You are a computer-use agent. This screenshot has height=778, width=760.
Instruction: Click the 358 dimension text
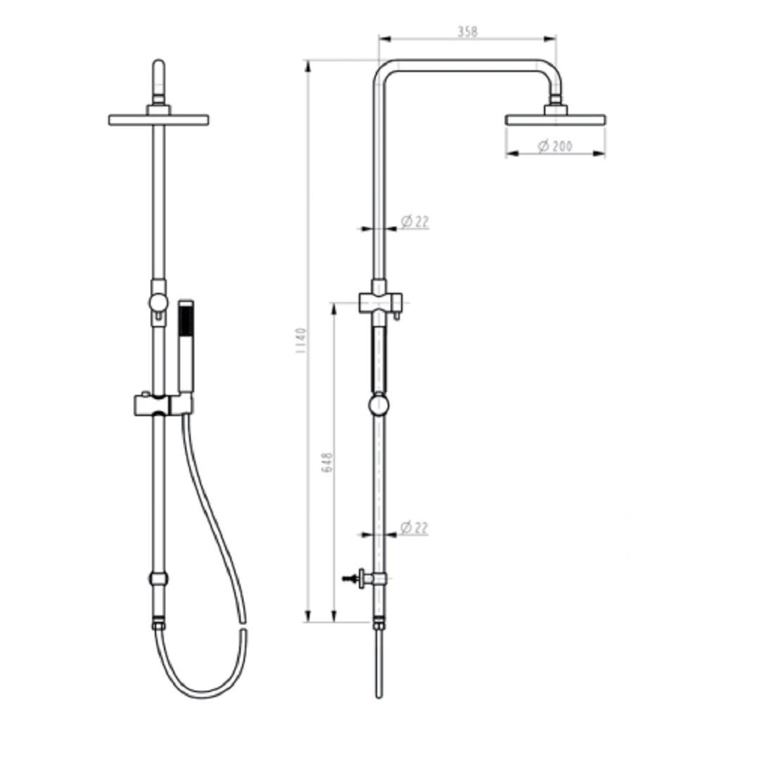point(467,31)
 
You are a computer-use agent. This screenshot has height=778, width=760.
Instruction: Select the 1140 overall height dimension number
point(301,340)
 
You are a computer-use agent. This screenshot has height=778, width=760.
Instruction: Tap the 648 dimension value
point(327,462)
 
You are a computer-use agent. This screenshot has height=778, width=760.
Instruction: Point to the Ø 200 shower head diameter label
point(555,146)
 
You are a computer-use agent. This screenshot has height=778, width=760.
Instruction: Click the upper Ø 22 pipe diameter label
point(414,222)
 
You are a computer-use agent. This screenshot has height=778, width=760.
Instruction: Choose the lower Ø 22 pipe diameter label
point(414,527)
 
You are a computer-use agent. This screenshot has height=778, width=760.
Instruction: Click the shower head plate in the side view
point(555,120)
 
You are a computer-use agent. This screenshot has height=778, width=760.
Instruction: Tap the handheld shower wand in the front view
point(186,352)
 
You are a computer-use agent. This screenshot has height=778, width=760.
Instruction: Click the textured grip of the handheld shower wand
point(186,320)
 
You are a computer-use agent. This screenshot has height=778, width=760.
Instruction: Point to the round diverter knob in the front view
point(158,303)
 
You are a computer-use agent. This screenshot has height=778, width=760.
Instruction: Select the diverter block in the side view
point(379,302)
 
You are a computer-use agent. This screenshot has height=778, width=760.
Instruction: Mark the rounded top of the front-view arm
point(158,67)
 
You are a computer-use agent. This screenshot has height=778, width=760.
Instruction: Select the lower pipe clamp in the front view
point(158,579)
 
